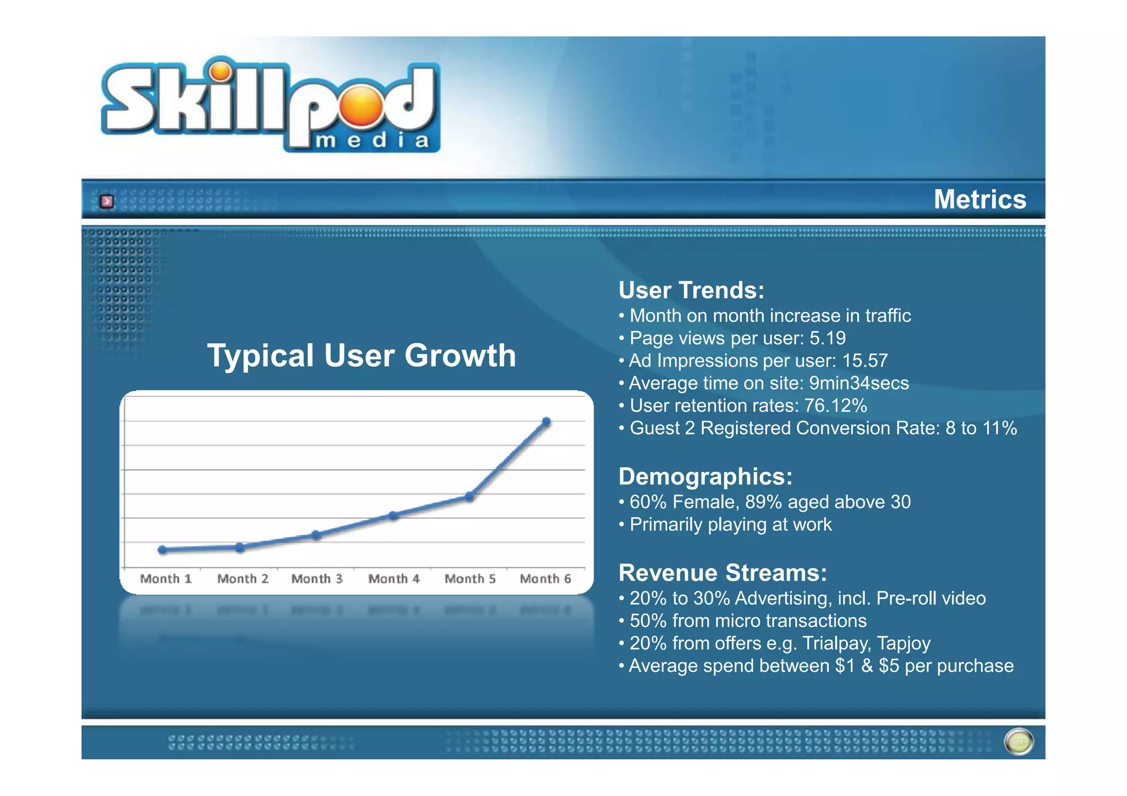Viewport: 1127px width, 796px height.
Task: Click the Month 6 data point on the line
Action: click(546, 422)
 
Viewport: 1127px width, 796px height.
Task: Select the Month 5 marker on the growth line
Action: click(469, 496)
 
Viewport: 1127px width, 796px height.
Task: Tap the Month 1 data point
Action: click(162, 550)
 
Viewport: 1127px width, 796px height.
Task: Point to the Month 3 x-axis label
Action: click(316, 579)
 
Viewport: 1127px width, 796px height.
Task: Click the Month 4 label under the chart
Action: click(393, 579)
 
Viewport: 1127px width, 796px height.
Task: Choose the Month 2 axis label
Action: click(243, 579)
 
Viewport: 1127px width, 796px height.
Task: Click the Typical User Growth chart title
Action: click(362, 355)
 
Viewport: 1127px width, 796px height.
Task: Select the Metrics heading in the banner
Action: click(980, 199)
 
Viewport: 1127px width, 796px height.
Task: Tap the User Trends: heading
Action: click(691, 290)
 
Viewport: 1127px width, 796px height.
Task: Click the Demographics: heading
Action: click(705, 476)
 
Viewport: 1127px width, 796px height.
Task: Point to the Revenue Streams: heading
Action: click(723, 573)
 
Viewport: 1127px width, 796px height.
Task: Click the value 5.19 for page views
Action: click(827, 338)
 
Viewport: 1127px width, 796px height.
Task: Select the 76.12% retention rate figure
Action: click(835, 406)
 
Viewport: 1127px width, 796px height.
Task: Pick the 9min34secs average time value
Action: click(858, 383)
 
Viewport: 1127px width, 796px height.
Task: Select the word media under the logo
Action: click(372, 141)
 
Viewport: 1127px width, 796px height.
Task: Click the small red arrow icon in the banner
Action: click(107, 201)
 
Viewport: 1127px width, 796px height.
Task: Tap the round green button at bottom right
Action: click(1019, 742)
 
